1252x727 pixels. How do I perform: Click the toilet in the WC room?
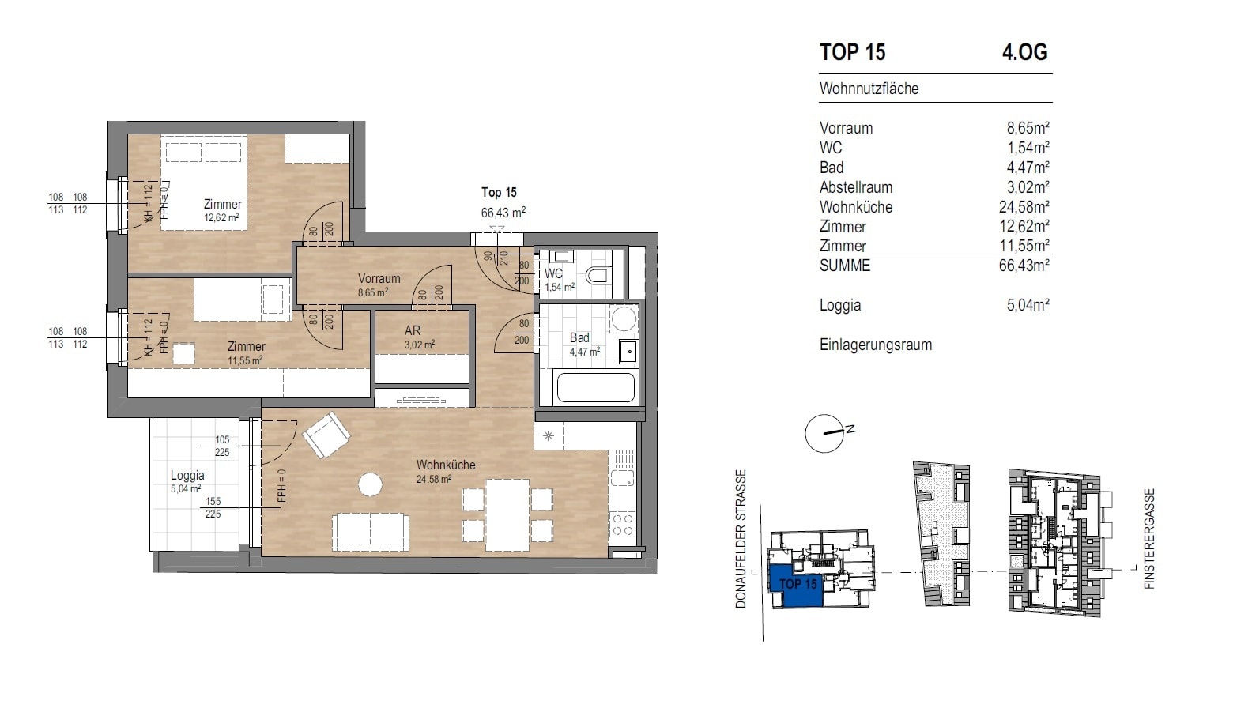597,276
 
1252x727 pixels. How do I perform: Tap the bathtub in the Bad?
597,386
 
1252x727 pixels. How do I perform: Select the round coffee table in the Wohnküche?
370,484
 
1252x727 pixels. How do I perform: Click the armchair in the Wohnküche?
326,435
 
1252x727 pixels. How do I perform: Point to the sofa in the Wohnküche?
371,533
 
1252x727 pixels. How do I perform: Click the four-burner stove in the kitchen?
623,525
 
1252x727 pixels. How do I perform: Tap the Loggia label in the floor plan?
187,476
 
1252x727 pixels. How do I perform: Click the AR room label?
413,330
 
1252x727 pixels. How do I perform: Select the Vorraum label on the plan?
379,278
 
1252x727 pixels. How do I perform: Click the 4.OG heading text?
1024,52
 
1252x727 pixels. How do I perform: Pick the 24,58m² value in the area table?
1024,207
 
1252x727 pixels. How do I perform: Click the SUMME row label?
844,266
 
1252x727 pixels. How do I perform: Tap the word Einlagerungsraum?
876,345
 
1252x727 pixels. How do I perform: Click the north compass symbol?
825,432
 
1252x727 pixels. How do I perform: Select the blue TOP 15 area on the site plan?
796,584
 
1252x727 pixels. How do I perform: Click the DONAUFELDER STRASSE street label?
741,539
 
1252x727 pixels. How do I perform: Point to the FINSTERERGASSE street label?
1149,539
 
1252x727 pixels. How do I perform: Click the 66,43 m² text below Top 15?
503,213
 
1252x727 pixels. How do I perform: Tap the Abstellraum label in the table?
856,187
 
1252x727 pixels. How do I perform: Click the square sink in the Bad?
629,352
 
